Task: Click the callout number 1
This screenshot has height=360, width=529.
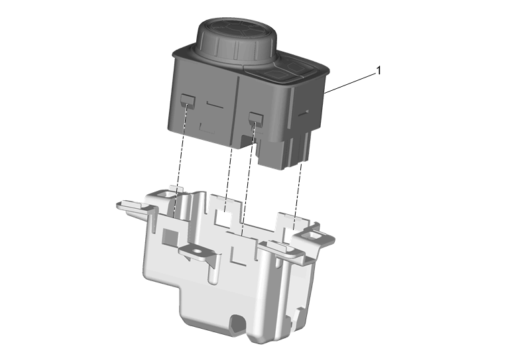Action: [x=379, y=70]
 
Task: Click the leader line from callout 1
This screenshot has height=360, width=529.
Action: [x=350, y=83]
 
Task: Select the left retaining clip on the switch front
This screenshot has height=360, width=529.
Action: [x=188, y=101]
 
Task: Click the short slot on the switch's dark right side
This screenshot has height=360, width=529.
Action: [x=303, y=113]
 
